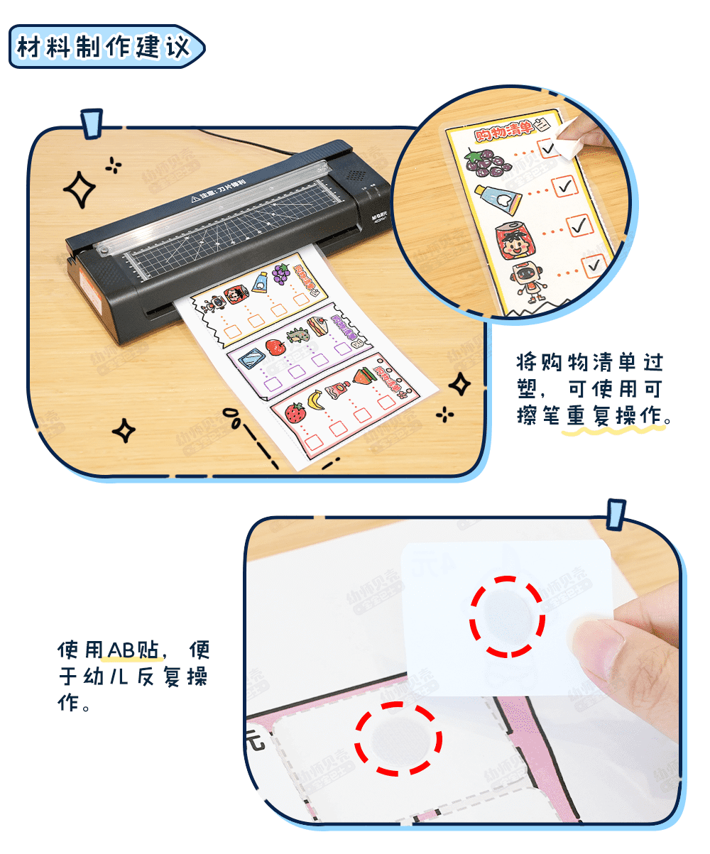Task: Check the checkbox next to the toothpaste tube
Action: point(566,186)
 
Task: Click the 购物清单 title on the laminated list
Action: point(506,131)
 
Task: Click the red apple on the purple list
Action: point(275,347)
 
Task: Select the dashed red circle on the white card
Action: point(508,615)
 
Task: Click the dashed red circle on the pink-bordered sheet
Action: point(398,738)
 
